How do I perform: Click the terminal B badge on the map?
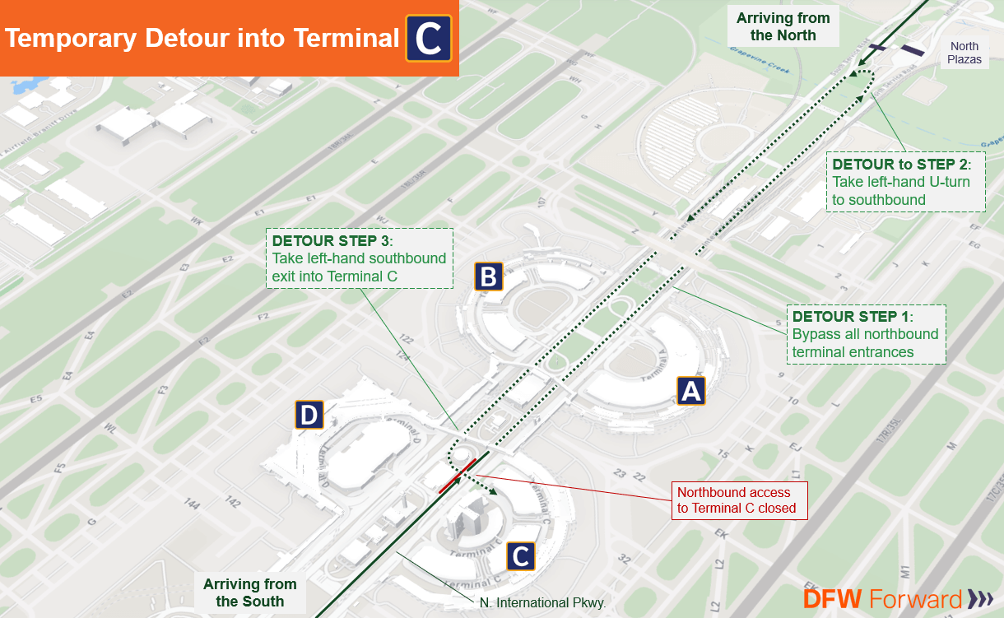coord(488,277)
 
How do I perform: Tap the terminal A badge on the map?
coord(690,391)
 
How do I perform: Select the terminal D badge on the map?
coord(309,416)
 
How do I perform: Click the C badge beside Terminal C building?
coord(519,556)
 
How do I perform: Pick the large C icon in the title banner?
coord(428,38)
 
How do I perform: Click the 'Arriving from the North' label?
coord(783,26)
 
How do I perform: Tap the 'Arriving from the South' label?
coord(249,592)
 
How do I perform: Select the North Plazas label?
coord(964,53)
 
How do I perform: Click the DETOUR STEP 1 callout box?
coord(865,334)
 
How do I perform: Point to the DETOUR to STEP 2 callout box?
coord(905,181)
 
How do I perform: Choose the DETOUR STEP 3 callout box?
coord(360,258)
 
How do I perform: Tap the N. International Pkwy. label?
coord(542,603)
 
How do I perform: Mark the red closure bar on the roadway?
coord(457,476)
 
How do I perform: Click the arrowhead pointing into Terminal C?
coord(495,492)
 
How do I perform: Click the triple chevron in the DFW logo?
coord(980,599)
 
